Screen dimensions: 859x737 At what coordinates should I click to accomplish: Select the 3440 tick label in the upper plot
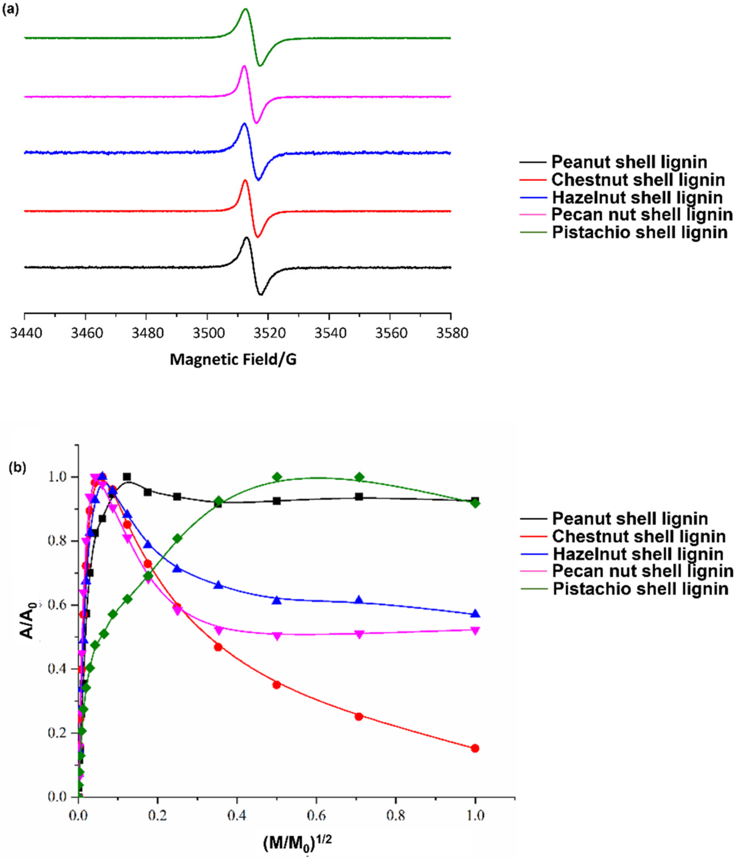pyautogui.click(x=26, y=333)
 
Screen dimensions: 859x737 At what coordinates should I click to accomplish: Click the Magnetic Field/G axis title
pyautogui.click(x=233, y=360)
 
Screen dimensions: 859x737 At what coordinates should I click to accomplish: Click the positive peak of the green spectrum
pyautogui.click(x=245, y=9)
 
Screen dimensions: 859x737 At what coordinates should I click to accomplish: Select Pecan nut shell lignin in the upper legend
pyautogui.click(x=642, y=215)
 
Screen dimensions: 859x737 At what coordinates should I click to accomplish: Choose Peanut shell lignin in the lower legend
pyautogui.click(x=629, y=519)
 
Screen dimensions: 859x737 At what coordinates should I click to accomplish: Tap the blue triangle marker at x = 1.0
pyautogui.click(x=475, y=613)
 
